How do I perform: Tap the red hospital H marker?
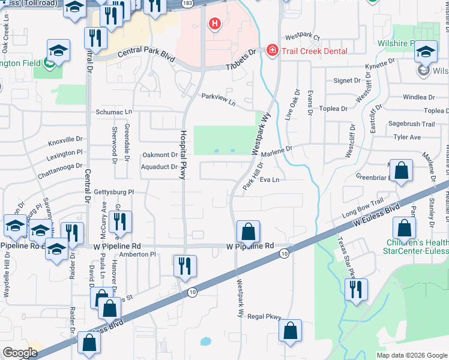214,25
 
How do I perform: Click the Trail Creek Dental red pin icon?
272,50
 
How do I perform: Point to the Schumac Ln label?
113,112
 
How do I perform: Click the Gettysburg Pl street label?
113,192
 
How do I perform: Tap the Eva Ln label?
270,179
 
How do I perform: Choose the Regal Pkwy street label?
265,316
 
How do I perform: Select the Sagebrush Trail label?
411,124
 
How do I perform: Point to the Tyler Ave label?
406,137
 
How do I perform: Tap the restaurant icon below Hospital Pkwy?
184,265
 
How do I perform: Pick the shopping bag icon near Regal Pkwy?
290,330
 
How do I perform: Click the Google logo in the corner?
20,352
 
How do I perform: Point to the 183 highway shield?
188,4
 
